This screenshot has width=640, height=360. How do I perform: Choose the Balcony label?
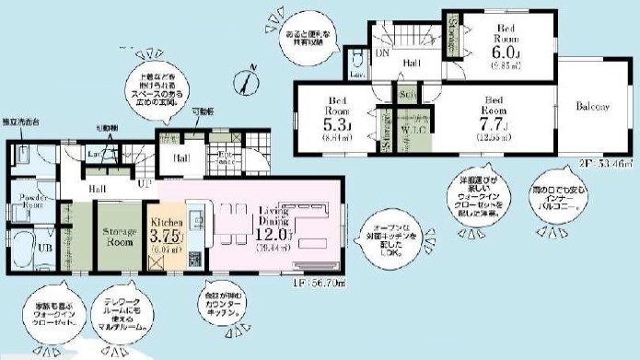(x=594, y=107)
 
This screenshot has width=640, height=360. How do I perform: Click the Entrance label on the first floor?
(x=224, y=159)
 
